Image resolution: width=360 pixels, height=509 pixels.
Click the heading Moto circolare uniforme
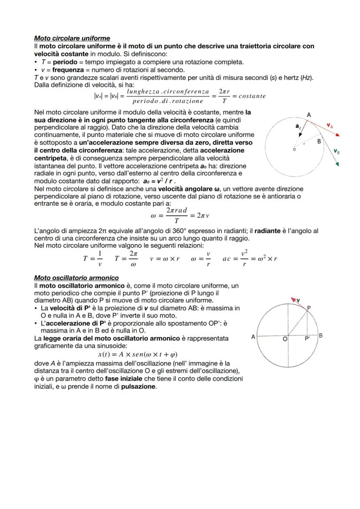(x=72, y=38)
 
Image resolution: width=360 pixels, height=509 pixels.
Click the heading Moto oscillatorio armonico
(x=76, y=277)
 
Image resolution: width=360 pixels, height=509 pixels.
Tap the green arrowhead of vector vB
(x=337, y=164)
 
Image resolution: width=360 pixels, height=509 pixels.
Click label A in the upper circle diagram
(x=309, y=115)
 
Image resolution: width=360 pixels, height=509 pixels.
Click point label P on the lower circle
(x=309, y=308)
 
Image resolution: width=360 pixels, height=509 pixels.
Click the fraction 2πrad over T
(x=177, y=215)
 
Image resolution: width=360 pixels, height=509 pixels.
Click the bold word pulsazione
(x=138, y=386)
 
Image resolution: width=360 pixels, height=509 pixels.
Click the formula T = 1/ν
(x=93, y=258)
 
